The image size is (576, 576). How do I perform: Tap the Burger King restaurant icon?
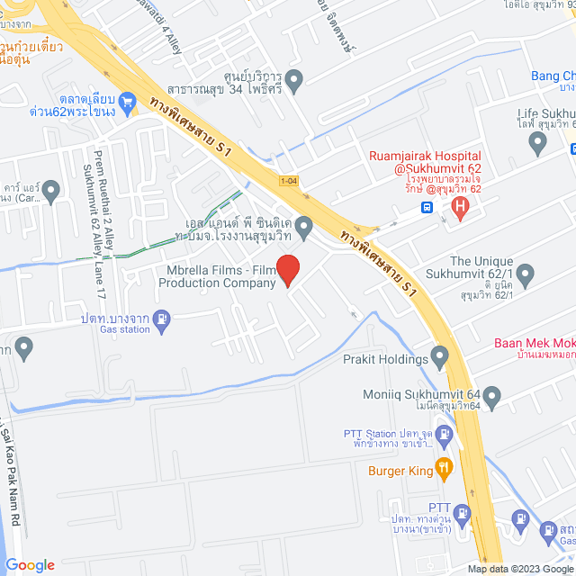(443, 468)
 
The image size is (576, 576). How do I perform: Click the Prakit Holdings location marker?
(439, 359)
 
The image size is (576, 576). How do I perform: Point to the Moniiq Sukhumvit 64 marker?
(492, 395)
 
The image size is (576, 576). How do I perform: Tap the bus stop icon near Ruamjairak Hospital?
(427, 207)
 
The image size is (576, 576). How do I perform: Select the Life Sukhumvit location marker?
(539, 140)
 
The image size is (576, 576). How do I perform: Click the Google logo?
(30, 565)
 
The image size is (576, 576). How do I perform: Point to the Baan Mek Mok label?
(535, 343)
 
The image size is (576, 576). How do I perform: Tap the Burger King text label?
(399, 469)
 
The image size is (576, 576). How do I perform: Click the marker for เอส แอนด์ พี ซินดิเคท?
(304, 225)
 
